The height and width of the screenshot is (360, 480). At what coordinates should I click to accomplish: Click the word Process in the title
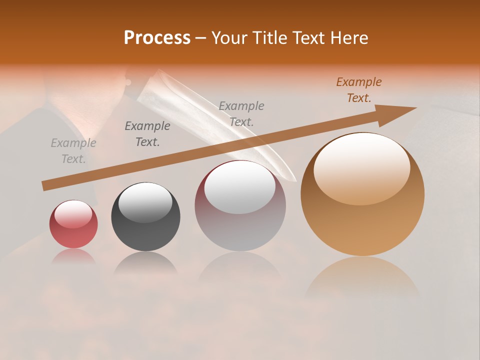pyautogui.click(x=157, y=38)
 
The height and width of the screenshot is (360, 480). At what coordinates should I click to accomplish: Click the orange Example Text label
pyautogui.click(x=358, y=90)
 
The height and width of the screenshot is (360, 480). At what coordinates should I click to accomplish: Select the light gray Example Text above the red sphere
pyautogui.click(x=73, y=151)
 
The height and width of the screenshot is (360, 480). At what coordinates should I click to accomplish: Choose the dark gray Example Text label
pyautogui.click(x=147, y=134)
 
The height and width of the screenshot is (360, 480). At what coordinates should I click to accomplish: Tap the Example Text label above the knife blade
pyautogui.click(x=241, y=113)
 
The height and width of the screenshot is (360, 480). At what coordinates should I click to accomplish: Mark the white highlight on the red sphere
pyautogui.click(x=73, y=214)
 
